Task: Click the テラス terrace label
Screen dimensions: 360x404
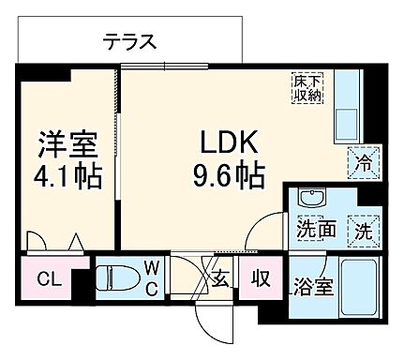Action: tap(129, 41)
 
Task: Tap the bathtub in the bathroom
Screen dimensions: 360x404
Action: tap(358, 287)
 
